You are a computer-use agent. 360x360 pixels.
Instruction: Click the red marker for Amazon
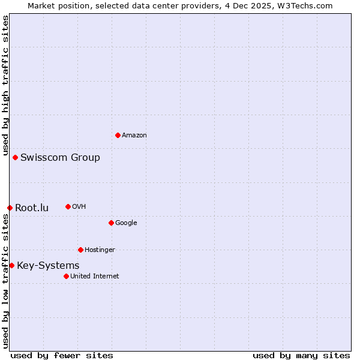pos(118,135)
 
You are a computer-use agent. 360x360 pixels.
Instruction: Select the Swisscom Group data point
pos(15,157)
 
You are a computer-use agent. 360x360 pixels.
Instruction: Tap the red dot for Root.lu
pos(10,208)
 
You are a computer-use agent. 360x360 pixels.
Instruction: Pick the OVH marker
pos(68,206)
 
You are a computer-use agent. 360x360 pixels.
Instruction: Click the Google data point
pos(111,223)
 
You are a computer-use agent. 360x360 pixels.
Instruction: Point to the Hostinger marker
pos(80,250)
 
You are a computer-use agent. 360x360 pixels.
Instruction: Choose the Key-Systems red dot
pos(11,265)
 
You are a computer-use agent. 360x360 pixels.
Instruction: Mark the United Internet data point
pos(66,276)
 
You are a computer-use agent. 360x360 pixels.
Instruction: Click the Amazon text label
pos(134,136)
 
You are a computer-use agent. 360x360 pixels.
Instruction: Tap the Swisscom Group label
pos(60,158)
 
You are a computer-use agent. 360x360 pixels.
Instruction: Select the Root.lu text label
pos(32,208)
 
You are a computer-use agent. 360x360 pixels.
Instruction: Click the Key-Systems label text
pos(48,266)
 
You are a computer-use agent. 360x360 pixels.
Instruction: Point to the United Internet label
pos(94,277)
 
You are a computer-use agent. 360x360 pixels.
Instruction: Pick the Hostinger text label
pos(100,250)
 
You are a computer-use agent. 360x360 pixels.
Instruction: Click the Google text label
pos(126,223)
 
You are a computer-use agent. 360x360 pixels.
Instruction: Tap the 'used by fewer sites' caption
pos(62,355)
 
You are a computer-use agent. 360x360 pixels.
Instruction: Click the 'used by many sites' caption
pos(301,355)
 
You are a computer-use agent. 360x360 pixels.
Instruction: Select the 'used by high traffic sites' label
pos(5,85)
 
